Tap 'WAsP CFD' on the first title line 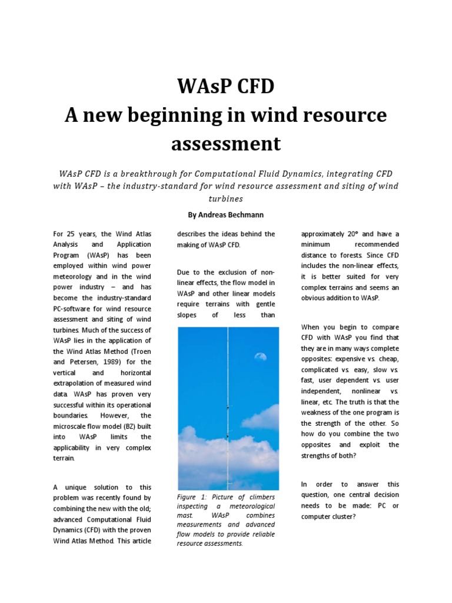point(226,87)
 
